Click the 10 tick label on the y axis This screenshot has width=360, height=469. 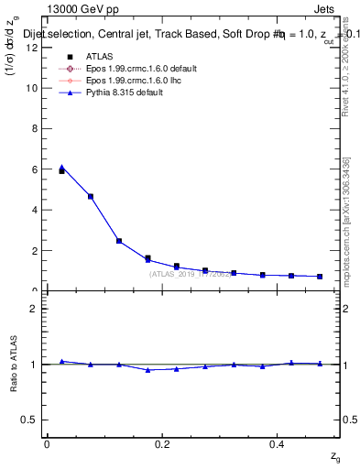(x=32, y=88)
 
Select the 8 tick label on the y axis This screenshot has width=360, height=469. (x=35, y=128)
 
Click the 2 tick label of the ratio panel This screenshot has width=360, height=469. (x=34, y=309)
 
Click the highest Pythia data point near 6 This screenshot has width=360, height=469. (x=61, y=168)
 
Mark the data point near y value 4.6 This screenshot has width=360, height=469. (x=90, y=196)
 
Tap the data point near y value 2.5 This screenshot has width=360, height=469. (x=119, y=241)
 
